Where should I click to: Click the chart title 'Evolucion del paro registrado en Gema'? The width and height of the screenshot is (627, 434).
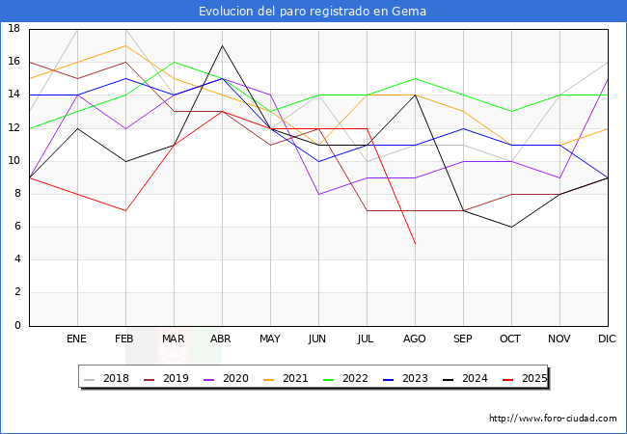pos(313,11)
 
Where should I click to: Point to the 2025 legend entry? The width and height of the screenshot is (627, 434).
pos(532,378)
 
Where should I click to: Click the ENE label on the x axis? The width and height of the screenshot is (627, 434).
pos(77,339)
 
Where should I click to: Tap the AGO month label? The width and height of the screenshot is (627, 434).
pos(415,339)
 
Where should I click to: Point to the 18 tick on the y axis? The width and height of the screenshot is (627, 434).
pos(14,29)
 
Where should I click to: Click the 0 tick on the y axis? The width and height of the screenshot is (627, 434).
pos(18,326)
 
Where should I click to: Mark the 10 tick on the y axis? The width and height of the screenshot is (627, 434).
pos(14,161)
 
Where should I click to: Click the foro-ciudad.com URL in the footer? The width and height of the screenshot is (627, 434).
pos(553,419)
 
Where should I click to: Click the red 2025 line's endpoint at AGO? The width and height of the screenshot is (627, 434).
pos(415,243)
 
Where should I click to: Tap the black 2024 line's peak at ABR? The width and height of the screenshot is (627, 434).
pos(222,45)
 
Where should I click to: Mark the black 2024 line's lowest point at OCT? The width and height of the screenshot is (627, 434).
pos(511,227)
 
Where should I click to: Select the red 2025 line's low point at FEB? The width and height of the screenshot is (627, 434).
pos(125,210)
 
